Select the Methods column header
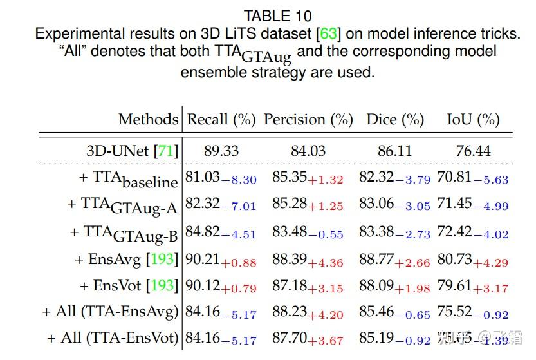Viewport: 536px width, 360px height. pos(147,119)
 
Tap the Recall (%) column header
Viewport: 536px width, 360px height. pos(221,119)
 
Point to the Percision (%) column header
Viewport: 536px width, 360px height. pos(308,119)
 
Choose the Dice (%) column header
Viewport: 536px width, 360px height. pos(395,119)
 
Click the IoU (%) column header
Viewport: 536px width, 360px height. pos(473,119)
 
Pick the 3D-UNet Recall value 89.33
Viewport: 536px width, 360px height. pos(221,151)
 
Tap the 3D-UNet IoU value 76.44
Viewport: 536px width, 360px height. pos(473,151)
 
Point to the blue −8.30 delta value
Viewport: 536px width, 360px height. pos(239,180)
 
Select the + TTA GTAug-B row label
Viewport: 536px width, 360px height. pos(122,233)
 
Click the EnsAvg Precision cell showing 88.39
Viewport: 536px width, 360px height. pos(290,260)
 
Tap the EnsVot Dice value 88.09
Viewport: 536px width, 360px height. pos(376,285)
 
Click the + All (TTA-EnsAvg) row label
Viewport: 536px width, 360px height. pos(110,312)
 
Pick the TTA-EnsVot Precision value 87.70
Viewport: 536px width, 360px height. pos(290,337)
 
